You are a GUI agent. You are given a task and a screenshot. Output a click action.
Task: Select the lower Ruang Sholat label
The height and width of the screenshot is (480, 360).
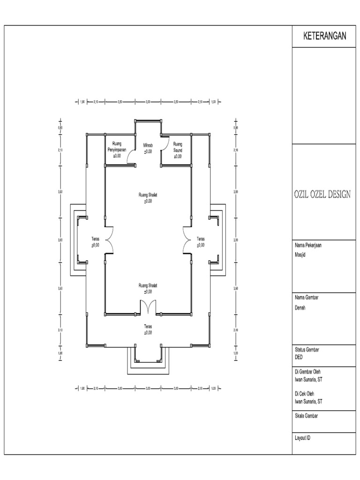tap(148, 288)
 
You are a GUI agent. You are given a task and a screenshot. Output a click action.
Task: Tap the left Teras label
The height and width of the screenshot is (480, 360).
tap(95, 242)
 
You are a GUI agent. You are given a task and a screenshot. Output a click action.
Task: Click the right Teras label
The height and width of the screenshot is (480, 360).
tap(201, 242)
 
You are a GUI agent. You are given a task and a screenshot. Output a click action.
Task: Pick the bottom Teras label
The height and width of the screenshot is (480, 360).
tap(148, 328)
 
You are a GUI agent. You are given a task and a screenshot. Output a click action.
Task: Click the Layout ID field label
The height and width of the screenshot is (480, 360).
tap(302, 438)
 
